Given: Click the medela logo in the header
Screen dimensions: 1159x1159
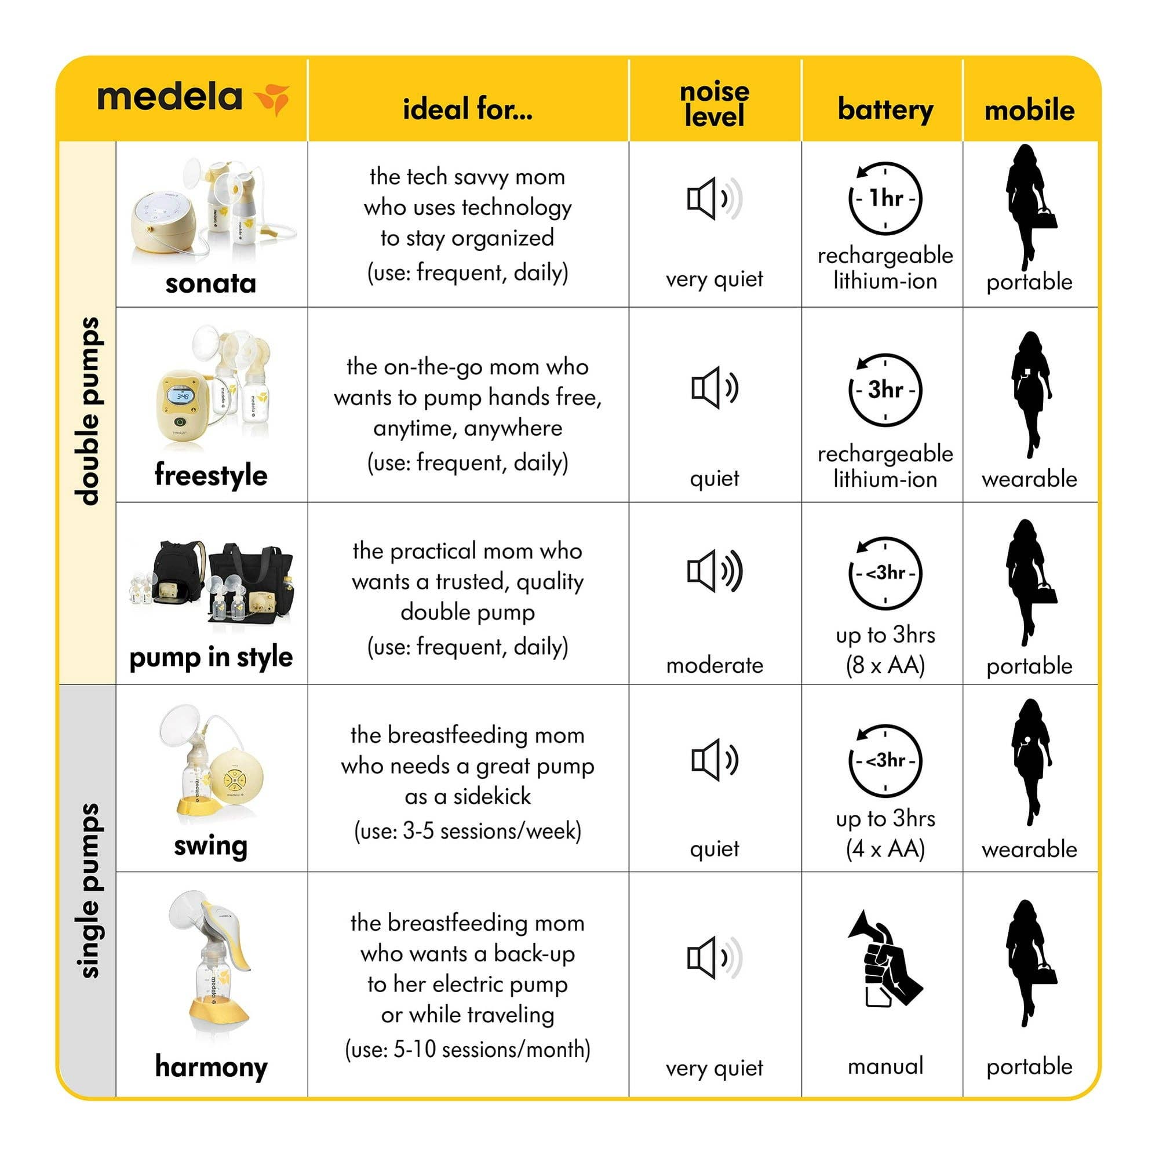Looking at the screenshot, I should click(192, 98).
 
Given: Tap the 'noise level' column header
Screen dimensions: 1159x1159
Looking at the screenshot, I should click(714, 104).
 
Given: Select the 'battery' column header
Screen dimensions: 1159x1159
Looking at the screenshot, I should click(885, 109).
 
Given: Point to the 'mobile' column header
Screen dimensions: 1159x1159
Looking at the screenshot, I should click(1029, 110).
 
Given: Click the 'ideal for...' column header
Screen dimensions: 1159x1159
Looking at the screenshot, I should click(467, 109).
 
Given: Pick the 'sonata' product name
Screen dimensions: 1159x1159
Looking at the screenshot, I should click(210, 283).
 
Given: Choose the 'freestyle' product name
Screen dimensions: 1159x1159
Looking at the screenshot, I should click(210, 475).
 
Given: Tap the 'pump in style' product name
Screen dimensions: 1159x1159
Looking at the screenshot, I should click(210, 658).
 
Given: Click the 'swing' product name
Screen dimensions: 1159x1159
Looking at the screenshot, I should click(210, 846).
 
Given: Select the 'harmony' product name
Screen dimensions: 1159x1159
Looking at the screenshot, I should click(210, 1067).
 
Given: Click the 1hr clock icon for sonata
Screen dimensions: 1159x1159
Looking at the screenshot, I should click(885, 198).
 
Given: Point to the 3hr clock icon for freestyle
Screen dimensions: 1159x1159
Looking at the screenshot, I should click(885, 390).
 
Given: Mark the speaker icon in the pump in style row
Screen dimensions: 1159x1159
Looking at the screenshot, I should click(714, 571).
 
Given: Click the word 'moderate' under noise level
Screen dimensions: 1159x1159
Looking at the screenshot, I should click(714, 665).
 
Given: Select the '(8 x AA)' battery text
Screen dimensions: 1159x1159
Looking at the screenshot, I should click(885, 665).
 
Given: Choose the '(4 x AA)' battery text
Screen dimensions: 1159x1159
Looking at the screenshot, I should click(885, 849).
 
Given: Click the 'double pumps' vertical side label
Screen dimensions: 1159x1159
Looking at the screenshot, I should click(88, 411).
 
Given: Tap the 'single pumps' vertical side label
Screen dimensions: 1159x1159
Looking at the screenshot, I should click(88, 890).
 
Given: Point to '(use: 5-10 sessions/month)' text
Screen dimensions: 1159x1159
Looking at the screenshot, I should click(467, 1049).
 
